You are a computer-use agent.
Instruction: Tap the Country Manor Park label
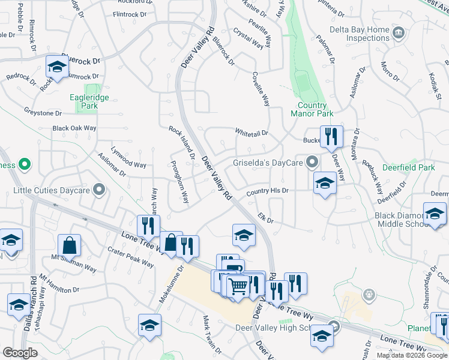312,109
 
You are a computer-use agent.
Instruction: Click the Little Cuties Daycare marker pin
100,191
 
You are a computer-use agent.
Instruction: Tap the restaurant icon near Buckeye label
331,137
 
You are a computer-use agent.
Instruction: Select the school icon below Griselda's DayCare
324,183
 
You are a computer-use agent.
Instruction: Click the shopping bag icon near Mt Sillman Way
70,245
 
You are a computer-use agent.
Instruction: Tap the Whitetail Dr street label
251,132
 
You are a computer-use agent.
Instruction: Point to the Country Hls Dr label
268,191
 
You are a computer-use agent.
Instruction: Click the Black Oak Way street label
74,128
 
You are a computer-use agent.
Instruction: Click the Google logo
20,353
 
